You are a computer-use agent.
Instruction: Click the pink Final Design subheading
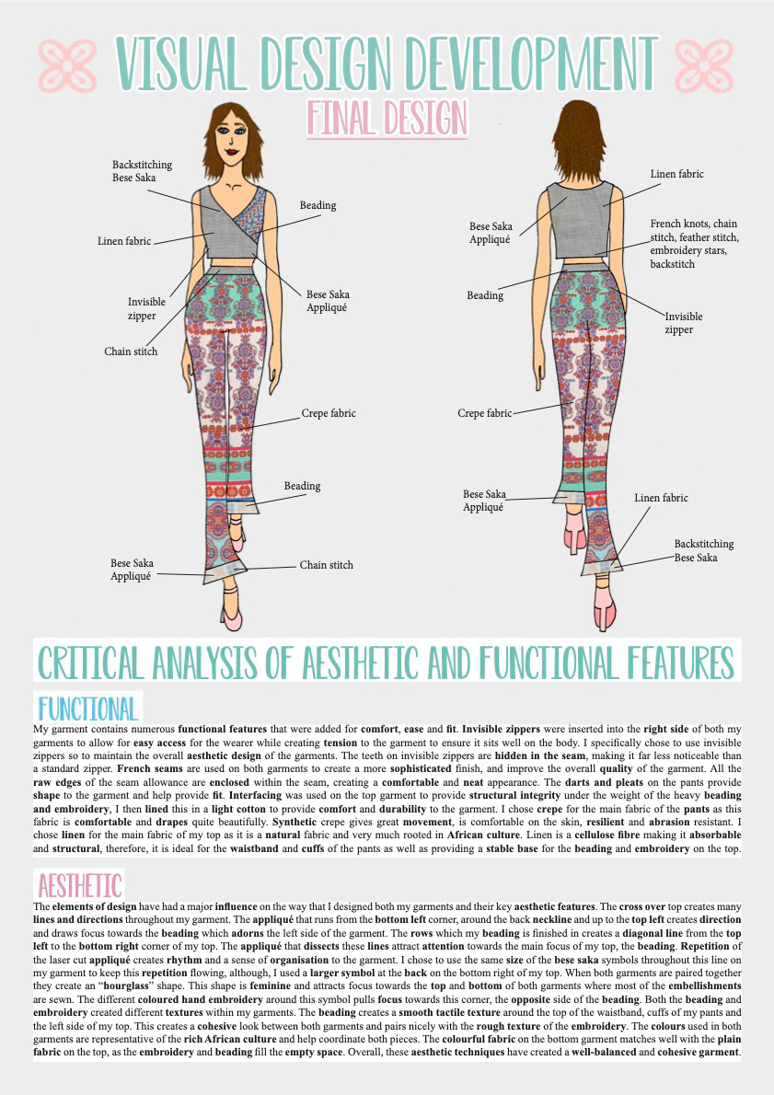[x=387, y=118]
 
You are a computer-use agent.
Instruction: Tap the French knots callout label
[x=693, y=244]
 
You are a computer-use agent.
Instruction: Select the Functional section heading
[x=87, y=709]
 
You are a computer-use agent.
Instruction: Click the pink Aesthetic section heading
[x=78, y=885]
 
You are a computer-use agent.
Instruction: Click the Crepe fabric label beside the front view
[x=329, y=414]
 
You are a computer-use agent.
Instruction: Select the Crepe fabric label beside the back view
[x=484, y=414]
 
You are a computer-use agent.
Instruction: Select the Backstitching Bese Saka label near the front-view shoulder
[x=142, y=171]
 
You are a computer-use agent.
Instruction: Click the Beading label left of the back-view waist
[x=485, y=295]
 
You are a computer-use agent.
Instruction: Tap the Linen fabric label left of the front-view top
[x=124, y=242]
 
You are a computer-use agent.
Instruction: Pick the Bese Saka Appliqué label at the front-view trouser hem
[x=132, y=570]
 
